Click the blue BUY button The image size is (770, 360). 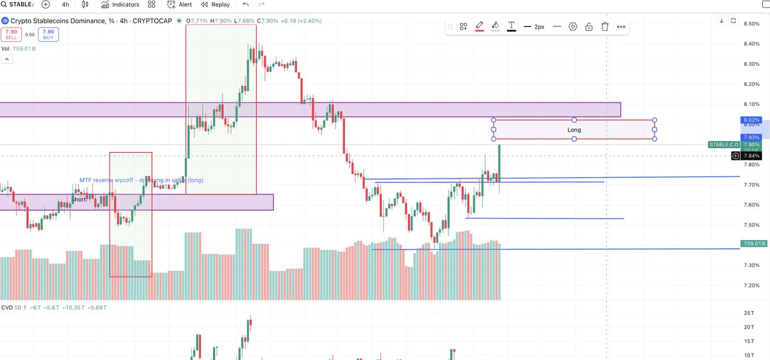48,33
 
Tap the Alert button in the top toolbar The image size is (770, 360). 179,4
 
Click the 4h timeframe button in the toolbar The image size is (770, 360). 65,4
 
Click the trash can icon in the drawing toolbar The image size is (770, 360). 604,27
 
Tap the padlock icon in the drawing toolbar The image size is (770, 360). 588,27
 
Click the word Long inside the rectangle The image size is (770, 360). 574,130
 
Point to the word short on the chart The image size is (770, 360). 79,200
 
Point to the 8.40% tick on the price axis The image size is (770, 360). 751,44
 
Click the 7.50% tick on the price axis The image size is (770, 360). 751,225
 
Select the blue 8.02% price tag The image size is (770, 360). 751,120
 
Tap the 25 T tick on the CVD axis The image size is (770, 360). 748,313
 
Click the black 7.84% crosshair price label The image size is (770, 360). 751,156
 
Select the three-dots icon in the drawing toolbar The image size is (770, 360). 620,27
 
